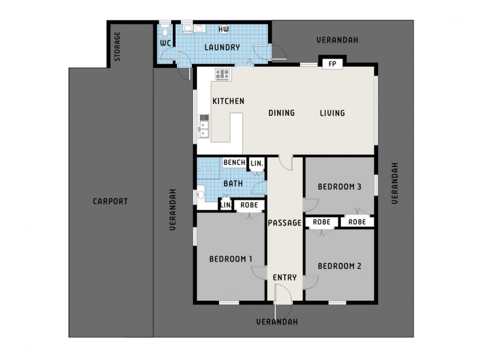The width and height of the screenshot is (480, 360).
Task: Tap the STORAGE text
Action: [118, 46]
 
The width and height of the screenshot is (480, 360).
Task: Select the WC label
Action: [166, 43]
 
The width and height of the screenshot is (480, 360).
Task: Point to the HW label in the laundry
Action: [224, 29]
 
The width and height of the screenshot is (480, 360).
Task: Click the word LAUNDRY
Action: [222, 47]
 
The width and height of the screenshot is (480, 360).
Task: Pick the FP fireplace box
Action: [331, 64]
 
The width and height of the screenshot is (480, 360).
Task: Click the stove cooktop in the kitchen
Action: [222, 74]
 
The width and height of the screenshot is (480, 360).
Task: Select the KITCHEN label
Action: [228, 101]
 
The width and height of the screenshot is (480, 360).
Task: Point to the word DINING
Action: [281, 113]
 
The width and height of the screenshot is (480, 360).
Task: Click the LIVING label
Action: [332, 113]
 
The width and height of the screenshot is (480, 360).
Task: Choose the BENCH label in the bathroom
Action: [234, 163]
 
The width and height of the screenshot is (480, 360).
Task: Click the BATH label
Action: [233, 184]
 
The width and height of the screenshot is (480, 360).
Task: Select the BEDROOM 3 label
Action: [339, 187]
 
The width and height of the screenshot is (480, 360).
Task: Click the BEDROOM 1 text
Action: [230, 259]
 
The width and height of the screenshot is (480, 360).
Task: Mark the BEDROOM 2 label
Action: [339, 266]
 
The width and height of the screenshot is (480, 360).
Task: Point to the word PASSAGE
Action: [284, 223]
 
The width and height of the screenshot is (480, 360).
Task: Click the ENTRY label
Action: [284, 277]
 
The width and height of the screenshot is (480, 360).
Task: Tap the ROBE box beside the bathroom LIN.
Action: [249, 205]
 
